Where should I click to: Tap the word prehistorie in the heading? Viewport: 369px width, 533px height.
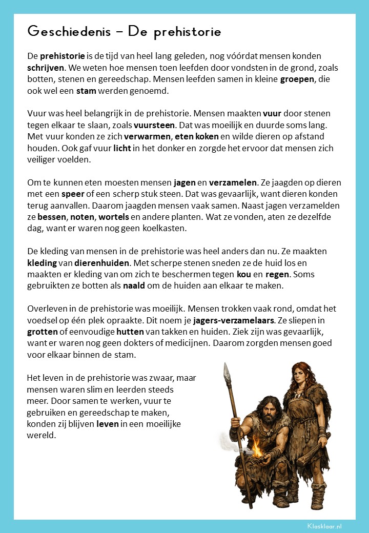188,32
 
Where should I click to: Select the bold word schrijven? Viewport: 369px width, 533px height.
46,67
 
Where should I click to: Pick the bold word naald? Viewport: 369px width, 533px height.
134,285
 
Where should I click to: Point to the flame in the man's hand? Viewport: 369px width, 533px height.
255,449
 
